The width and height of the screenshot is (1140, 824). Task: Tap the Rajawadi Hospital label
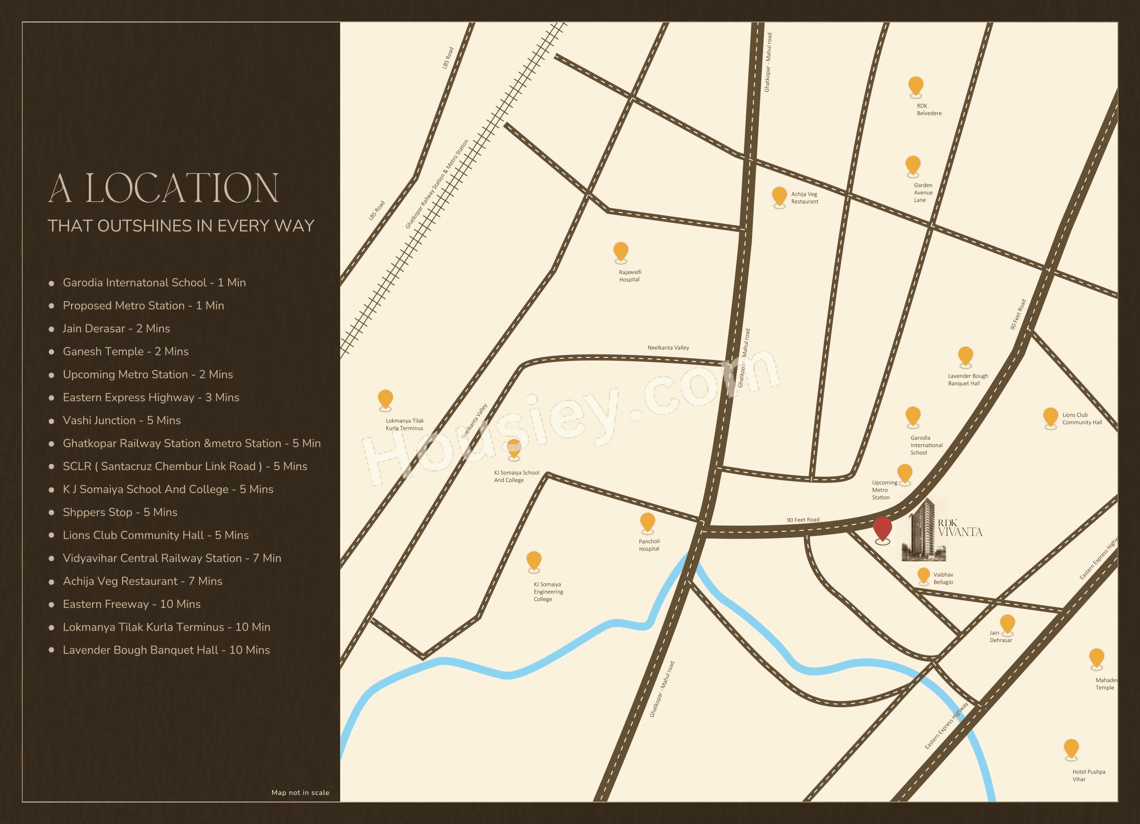click(x=630, y=276)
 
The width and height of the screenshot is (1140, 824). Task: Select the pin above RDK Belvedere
click(x=916, y=86)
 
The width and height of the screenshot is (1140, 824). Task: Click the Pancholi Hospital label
click(x=649, y=545)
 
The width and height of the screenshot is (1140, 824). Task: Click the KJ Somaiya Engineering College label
click(x=548, y=592)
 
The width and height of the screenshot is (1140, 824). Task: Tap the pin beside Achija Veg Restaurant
click(x=779, y=196)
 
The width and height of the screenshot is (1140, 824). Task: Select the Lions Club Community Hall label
click(x=1082, y=418)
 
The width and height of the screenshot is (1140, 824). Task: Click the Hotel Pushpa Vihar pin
click(x=1071, y=749)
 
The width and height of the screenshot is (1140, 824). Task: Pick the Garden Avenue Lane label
click(x=923, y=192)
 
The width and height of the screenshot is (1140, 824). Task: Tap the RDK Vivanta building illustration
click(x=924, y=531)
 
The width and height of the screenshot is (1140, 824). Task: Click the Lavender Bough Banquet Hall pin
click(x=965, y=356)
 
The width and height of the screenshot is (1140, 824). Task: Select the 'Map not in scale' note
click(x=300, y=792)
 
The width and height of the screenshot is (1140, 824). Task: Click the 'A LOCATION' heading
click(x=164, y=189)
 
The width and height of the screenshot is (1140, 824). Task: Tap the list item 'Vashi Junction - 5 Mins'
click(x=122, y=420)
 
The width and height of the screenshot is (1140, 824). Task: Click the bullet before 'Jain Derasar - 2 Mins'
click(x=51, y=330)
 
